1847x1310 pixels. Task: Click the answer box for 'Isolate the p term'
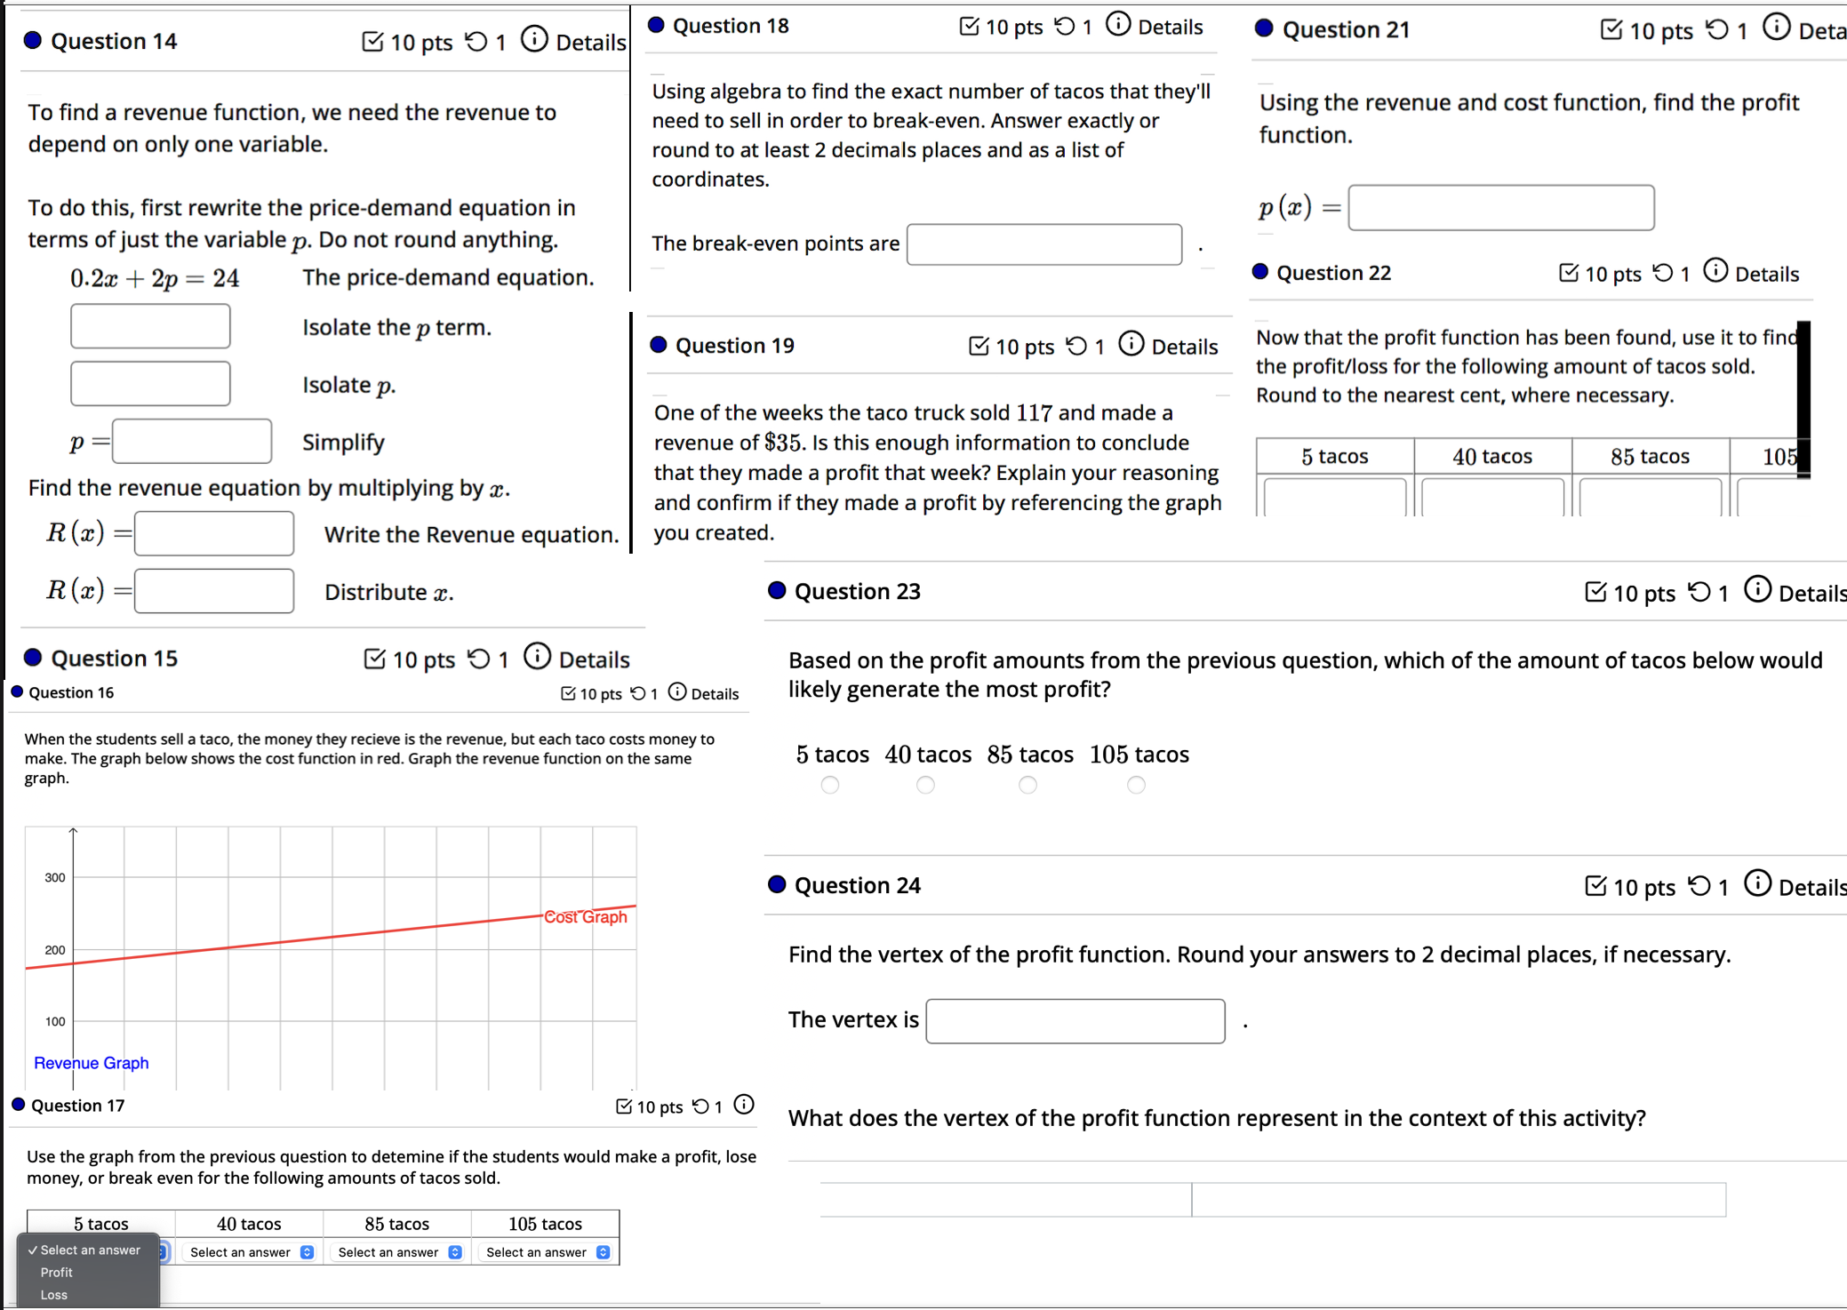pyautogui.click(x=150, y=326)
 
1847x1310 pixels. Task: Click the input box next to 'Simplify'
pyautogui.click(x=192, y=442)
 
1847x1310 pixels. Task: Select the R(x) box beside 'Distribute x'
pyautogui.click(x=214, y=591)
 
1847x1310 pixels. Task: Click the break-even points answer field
pyautogui.click(x=1044, y=244)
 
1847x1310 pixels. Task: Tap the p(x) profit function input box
pyautogui.click(x=1500, y=208)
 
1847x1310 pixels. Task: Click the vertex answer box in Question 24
pyautogui.click(x=1075, y=1021)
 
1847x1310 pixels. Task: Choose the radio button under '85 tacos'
pyautogui.click(x=1027, y=785)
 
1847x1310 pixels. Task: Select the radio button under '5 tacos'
pyautogui.click(x=830, y=785)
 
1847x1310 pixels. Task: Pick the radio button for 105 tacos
pyautogui.click(x=1136, y=785)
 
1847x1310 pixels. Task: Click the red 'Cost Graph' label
pyautogui.click(x=586, y=916)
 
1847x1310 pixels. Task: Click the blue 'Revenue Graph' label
pyautogui.click(x=91, y=1063)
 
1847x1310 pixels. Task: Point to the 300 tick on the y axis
pyautogui.click(x=55, y=877)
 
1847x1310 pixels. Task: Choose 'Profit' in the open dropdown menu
pyautogui.click(x=57, y=1273)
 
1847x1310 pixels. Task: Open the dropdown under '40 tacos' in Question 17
pyautogui.click(x=250, y=1252)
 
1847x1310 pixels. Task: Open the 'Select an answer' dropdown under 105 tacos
pyautogui.click(x=546, y=1252)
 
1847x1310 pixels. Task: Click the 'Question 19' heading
pyautogui.click(x=734, y=346)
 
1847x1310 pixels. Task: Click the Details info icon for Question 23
pyautogui.click(x=1757, y=589)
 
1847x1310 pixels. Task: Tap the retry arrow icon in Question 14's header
pyautogui.click(x=477, y=41)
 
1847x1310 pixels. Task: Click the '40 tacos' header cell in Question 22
pyautogui.click(x=1492, y=456)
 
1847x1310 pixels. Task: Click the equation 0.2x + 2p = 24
pyautogui.click(x=155, y=278)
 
